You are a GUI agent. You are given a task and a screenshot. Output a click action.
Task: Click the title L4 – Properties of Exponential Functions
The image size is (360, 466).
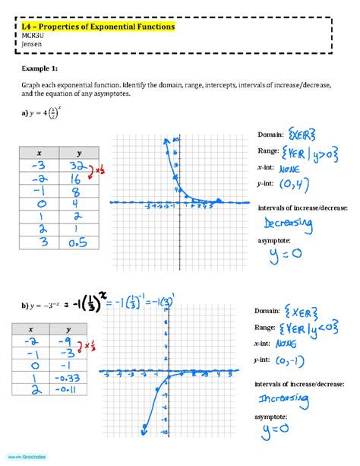tap(98, 27)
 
